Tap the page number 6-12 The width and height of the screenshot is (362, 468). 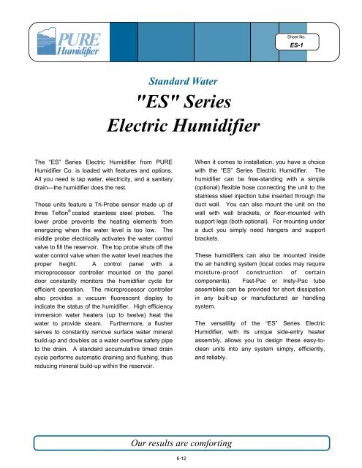[x=180, y=458]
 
